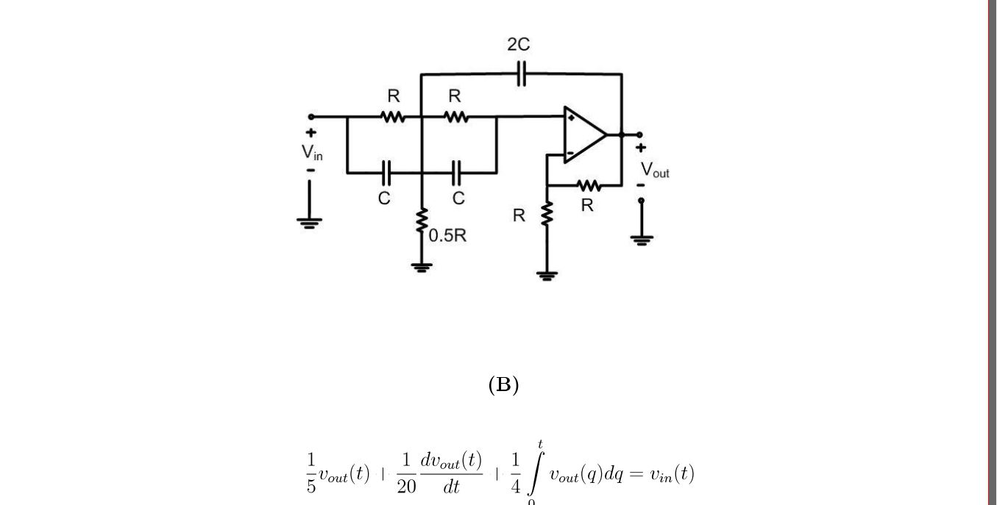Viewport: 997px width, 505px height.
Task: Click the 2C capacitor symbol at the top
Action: pyautogui.click(x=521, y=74)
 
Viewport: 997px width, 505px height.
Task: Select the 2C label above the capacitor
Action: pyautogui.click(x=518, y=45)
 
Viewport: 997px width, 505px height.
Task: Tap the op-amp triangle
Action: pyautogui.click(x=584, y=135)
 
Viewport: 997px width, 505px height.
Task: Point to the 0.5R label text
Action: pyautogui.click(x=447, y=236)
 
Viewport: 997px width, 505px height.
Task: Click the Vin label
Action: pyautogui.click(x=312, y=152)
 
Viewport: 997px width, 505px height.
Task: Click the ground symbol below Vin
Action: pyautogui.click(x=310, y=223)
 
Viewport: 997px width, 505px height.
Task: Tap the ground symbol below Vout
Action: pyautogui.click(x=642, y=240)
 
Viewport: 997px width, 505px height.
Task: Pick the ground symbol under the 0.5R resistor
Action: pyautogui.click(x=422, y=268)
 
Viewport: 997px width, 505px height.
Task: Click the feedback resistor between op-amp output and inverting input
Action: pyautogui.click(x=588, y=186)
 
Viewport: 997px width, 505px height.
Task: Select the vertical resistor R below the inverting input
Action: pyautogui.click(x=547, y=215)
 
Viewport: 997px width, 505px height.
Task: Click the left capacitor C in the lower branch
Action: pyautogui.click(x=386, y=173)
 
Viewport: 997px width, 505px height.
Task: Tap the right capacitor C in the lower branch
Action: pyautogui.click(x=456, y=173)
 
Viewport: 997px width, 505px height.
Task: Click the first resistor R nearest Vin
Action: pyautogui.click(x=393, y=116)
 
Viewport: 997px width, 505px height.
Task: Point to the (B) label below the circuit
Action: pyautogui.click(x=503, y=384)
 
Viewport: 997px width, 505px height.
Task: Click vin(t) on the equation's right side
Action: pyautogui.click(x=671, y=474)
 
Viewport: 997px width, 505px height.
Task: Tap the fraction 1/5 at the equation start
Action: pyautogui.click(x=311, y=473)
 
